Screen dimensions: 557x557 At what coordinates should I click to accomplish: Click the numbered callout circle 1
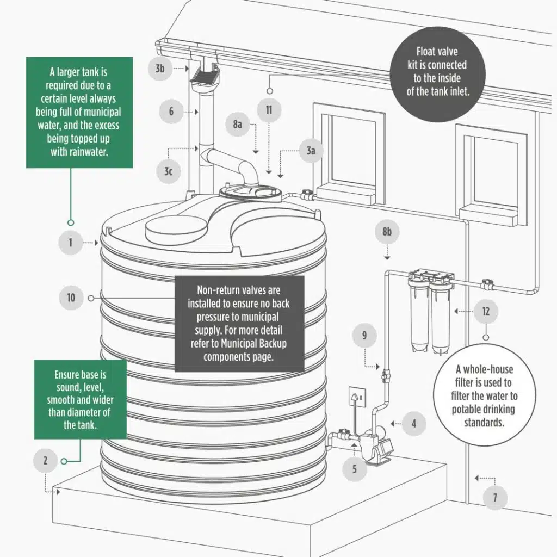click(70, 243)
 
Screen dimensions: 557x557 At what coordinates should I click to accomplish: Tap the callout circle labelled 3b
click(160, 69)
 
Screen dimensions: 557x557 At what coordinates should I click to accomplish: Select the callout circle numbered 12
click(486, 312)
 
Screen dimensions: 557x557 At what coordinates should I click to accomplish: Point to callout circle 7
click(494, 497)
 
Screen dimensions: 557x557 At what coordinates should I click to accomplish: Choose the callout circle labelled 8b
click(387, 232)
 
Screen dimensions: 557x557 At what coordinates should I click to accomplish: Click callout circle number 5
click(355, 468)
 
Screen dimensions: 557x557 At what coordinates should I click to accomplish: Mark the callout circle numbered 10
click(71, 298)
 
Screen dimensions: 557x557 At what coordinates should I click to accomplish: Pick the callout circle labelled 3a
click(311, 151)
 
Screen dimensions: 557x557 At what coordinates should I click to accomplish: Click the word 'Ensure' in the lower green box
click(67, 375)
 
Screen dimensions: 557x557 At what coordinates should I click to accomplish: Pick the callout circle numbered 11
click(269, 110)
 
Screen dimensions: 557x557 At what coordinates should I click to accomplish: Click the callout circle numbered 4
click(414, 423)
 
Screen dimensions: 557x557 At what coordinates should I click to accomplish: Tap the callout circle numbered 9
click(364, 336)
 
